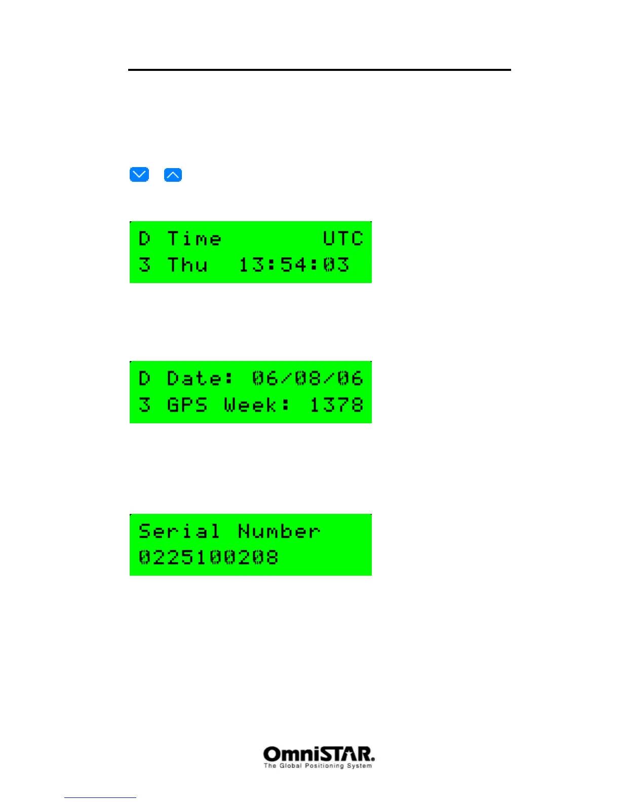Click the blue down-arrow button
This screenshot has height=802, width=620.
[x=139, y=175]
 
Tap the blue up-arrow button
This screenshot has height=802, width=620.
[x=173, y=175]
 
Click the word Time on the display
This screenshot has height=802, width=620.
[x=194, y=238]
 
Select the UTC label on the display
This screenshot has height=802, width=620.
[x=343, y=238]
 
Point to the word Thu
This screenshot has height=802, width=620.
[x=187, y=265]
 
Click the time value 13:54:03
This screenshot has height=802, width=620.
[x=294, y=265]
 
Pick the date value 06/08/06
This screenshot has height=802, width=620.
[x=307, y=378]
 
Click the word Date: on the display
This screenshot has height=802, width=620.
[x=201, y=378]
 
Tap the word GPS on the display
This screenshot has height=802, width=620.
[x=187, y=405]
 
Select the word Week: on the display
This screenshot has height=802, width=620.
[x=257, y=405]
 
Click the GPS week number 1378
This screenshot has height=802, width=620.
[x=336, y=405]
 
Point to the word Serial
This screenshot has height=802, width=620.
[x=179, y=531]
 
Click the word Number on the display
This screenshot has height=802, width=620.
[x=279, y=531]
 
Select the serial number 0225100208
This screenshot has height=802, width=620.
[x=208, y=557]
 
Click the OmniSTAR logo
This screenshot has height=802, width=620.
[x=319, y=754]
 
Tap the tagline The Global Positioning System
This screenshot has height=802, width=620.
[x=318, y=766]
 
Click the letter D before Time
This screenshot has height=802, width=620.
[x=144, y=238]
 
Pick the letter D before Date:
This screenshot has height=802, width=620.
[x=144, y=378]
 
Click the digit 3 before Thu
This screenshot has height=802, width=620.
[x=144, y=265]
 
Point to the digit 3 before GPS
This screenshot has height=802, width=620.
[x=144, y=405]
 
